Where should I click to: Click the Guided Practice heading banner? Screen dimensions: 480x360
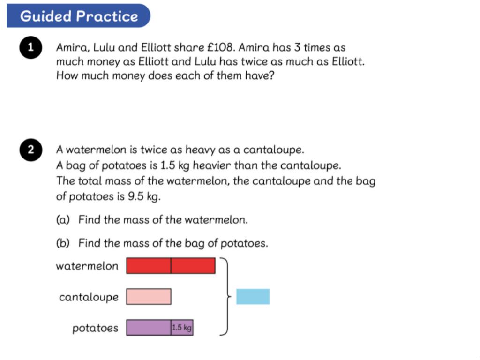pyautogui.click(x=78, y=15)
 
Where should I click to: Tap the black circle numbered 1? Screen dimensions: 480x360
pyautogui.click(x=31, y=47)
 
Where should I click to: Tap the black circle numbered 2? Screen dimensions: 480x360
pyautogui.click(x=31, y=150)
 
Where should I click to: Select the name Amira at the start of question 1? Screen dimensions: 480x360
pyautogui.click(x=73, y=48)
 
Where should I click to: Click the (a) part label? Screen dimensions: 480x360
pyautogui.click(x=63, y=220)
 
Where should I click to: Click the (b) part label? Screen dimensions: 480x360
pyautogui.click(x=63, y=243)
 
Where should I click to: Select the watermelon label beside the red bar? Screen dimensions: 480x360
pyautogui.click(x=87, y=266)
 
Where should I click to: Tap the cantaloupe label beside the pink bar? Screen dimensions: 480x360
pyautogui.click(x=89, y=297)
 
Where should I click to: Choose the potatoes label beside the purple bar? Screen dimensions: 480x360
pyautogui.click(x=95, y=328)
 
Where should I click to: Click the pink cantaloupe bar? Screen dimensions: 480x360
pyautogui.click(x=149, y=297)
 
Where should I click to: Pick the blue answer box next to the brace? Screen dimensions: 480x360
pyautogui.click(x=253, y=297)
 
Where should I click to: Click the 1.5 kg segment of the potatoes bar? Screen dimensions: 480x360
pyautogui.click(x=182, y=328)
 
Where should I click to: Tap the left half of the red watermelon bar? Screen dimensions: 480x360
pyautogui.click(x=149, y=265)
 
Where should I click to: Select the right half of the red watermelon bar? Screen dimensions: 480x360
pyautogui.click(x=193, y=265)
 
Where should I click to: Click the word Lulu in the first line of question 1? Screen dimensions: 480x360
pyautogui.click(x=104, y=47)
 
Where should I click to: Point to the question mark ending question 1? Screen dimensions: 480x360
pyautogui.click(x=271, y=75)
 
